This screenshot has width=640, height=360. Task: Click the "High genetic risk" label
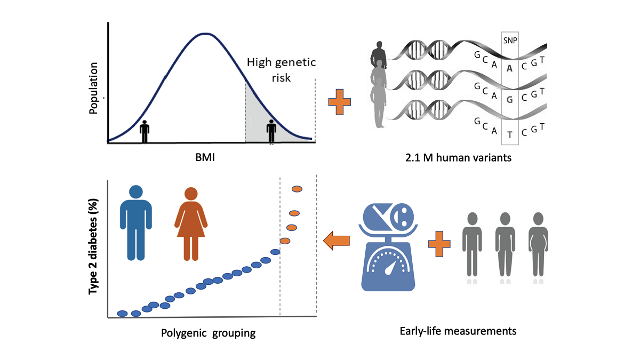coord(281,69)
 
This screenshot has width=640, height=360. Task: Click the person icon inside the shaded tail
coord(272,131)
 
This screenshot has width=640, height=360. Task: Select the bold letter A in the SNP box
coord(510,68)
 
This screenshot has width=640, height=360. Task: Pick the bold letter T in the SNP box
coord(510,134)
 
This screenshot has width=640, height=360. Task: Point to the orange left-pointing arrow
coord(337,241)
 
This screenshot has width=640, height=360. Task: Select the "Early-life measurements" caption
coord(458,331)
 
